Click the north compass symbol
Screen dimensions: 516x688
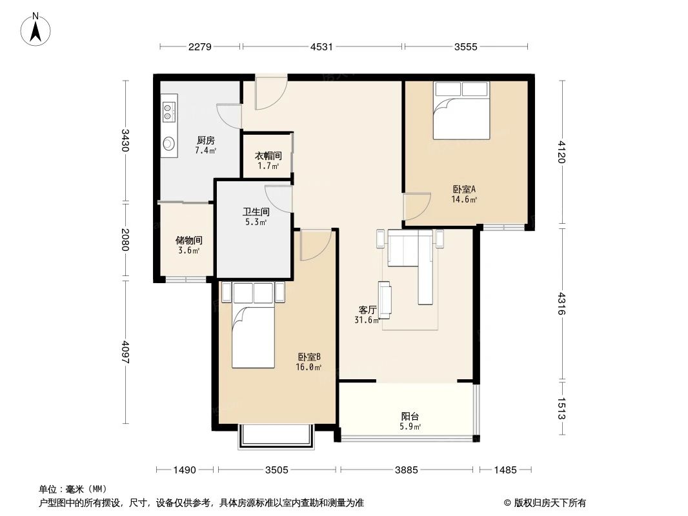coord(36,29)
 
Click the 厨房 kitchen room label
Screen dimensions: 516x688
coord(205,145)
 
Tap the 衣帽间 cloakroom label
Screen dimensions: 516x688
coord(268,161)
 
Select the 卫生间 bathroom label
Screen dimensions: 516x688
coord(256,216)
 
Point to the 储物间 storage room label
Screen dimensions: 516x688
coord(188,244)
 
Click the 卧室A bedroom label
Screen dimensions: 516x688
coord(464,193)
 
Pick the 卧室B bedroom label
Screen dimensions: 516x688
coord(309,361)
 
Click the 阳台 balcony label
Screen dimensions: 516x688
coord(410,421)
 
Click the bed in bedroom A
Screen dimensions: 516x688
coord(461,110)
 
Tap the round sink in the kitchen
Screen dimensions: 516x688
coord(169,143)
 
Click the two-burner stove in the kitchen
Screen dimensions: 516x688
coord(168,112)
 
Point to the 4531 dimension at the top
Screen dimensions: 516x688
coord(321,46)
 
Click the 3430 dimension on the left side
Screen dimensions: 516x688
coord(125,141)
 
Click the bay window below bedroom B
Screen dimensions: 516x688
coord(276,437)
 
